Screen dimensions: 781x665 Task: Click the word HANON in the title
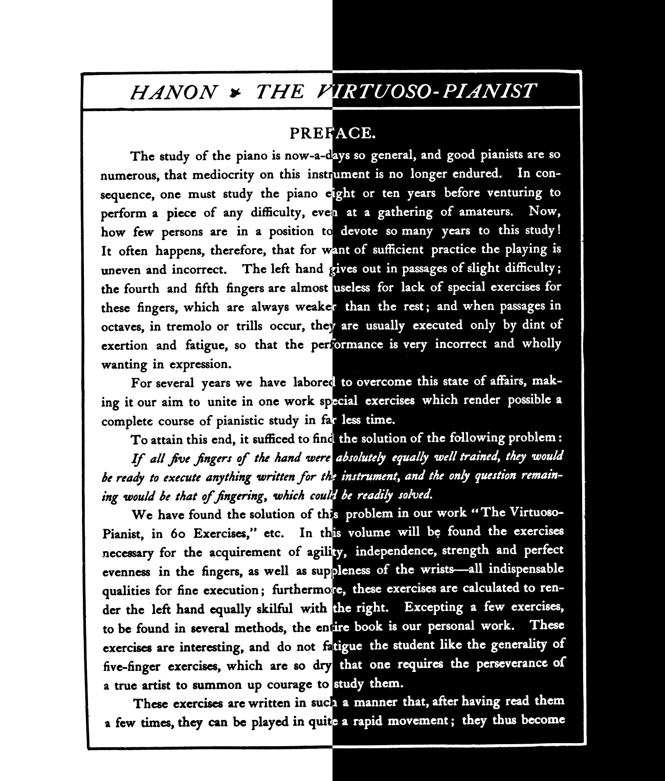tap(173, 92)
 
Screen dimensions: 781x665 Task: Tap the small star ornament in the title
tap(235, 92)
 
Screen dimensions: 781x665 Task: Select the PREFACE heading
tap(333, 134)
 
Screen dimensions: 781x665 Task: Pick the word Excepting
tap(434, 608)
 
